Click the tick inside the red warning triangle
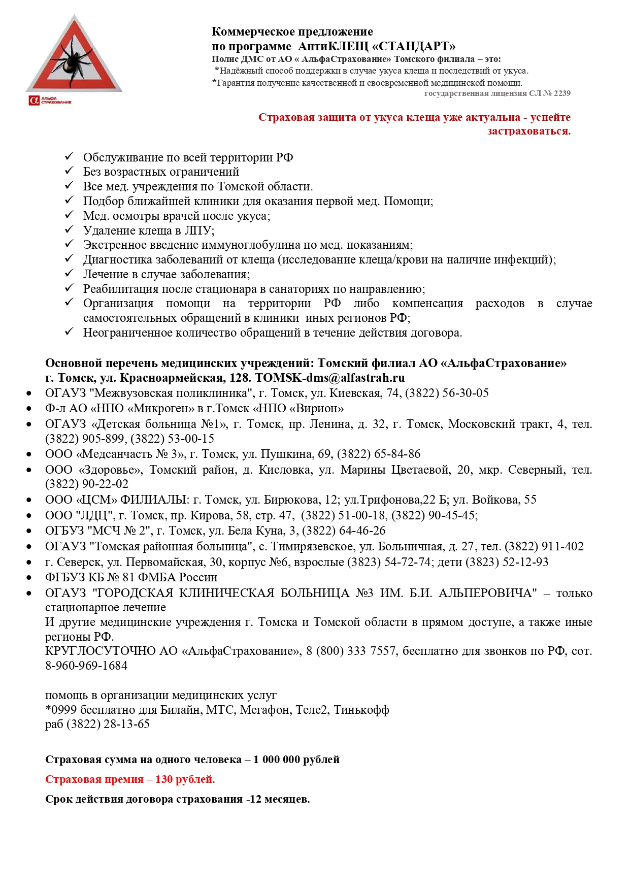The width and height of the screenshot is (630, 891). click(x=75, y=60)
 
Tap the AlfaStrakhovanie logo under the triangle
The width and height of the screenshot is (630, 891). click(x=50, y=100)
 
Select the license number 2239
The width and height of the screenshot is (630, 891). click(x=562, y=93)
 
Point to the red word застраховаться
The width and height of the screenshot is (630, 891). click(x=528, y=131)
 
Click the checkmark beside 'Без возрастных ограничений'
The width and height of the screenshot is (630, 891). click(x=70, y=171)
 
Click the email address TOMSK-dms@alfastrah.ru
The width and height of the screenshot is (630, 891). click(x=330, y=378)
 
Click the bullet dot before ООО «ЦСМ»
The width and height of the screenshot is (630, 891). click(x=29, y=500)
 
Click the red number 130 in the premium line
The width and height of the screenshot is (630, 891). click(x=164, y=779)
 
